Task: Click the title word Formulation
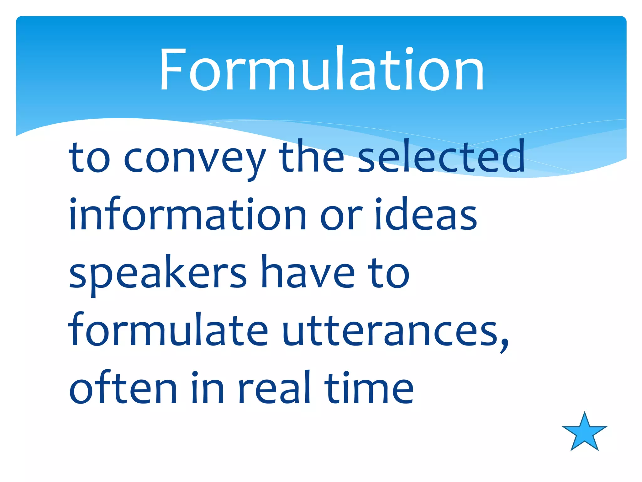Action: [x=322, y=69]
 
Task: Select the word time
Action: [x=369, y=388]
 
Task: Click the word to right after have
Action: [x=389, y=272]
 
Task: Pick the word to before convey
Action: [x=90, y=158]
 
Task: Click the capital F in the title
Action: [x=171, y=69]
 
